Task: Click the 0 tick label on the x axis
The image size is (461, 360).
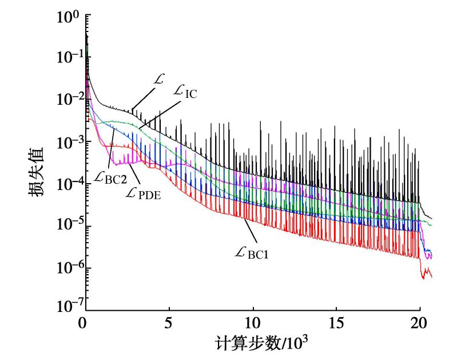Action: (x=84, y=324)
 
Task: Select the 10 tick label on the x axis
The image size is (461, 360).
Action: (x=252, y=324)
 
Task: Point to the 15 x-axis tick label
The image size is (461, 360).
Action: (x=337, y=324)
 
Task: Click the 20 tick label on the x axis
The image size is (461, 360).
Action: (x=421, y=324)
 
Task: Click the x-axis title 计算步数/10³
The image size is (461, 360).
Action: (x=255, y=346)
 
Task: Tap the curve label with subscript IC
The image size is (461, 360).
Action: (x=185, y=93)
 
